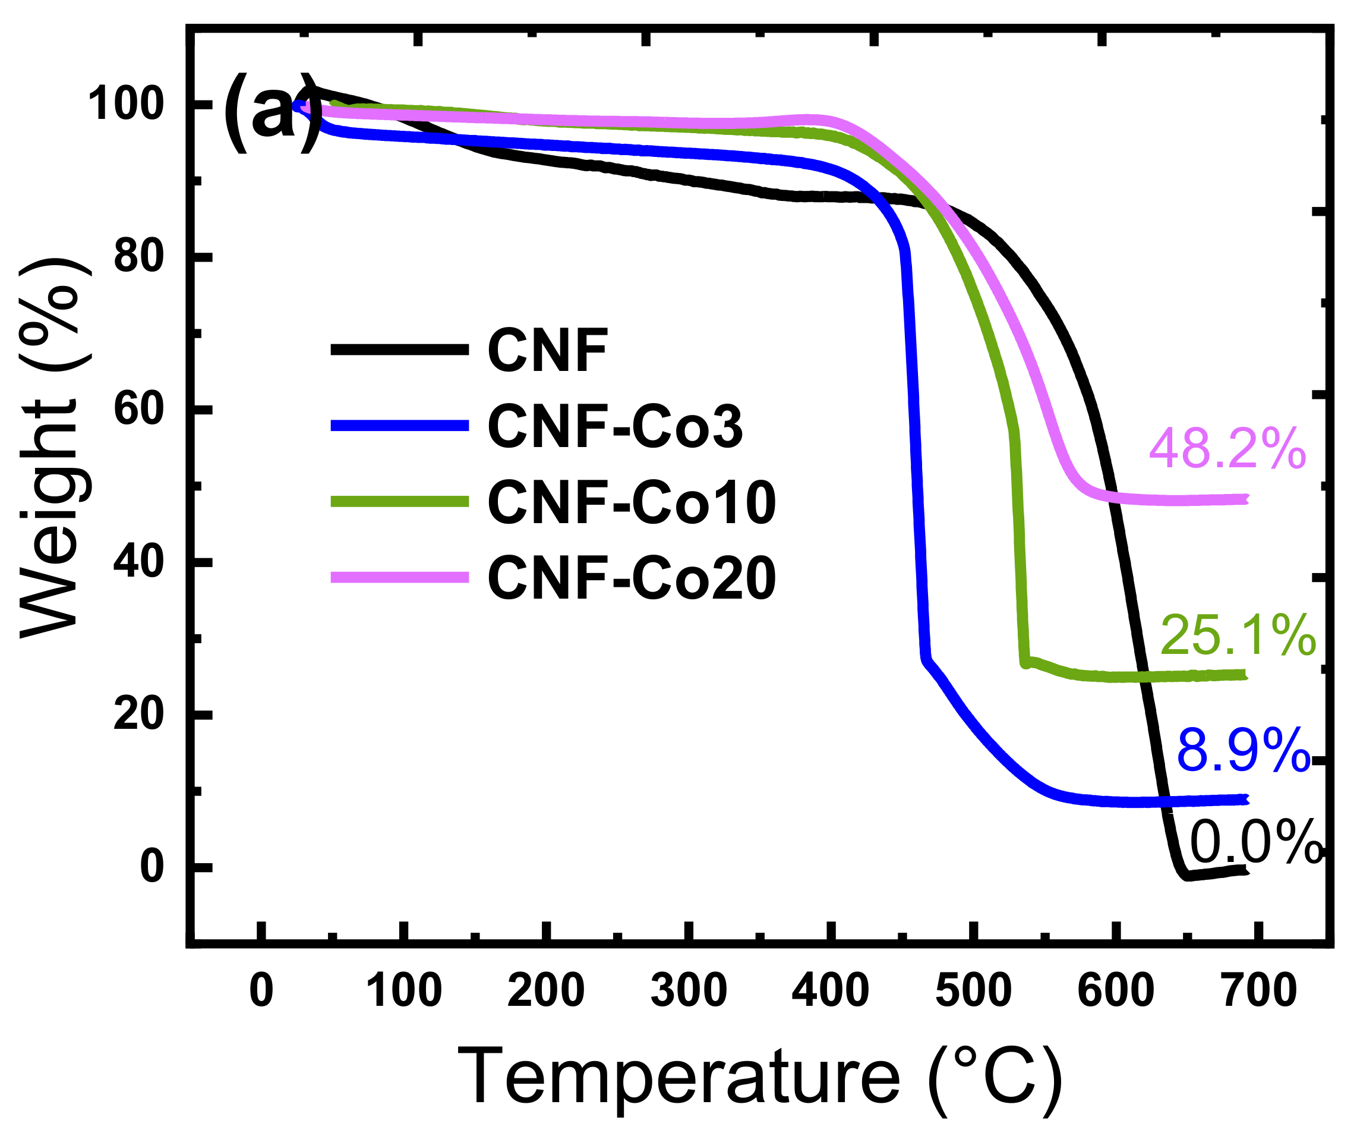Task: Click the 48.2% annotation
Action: pyautogui.click(x=1227, y=449)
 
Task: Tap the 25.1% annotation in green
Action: pyautogui.click(x=1238, y=635)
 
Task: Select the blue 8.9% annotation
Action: pyautogui.click(x=1242, y=750)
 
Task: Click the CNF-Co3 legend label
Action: pyautogui.click(x=614, y=426)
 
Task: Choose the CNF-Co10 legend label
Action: pyautogui.click(x=632, y=502)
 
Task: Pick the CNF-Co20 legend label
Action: pyautogui.click(x=632, y=578)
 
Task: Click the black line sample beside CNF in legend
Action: pyautogui.click(x=399, y=350)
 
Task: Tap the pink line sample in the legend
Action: pyautogui.click(x=399, y=577)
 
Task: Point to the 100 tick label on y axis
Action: pyautogui.click(x=125, y=104)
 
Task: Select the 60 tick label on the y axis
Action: pyautogui.click(x=138, y=409)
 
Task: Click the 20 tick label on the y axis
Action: pyautogui.click(x=138, y=715)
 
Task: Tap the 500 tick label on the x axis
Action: pyautogui.click(x=973, y=990)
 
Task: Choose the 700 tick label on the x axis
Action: pyautogui.click(x=1260, y=990)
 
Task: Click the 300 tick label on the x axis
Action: pyautogui.click(x=688, y=990)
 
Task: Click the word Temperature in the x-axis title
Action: pyautogui.click(x=678, y=1078)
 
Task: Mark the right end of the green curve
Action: pyautogui.click(x=1245, y=675)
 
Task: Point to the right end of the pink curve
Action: pyautogui.click(x=1245, y=499)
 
